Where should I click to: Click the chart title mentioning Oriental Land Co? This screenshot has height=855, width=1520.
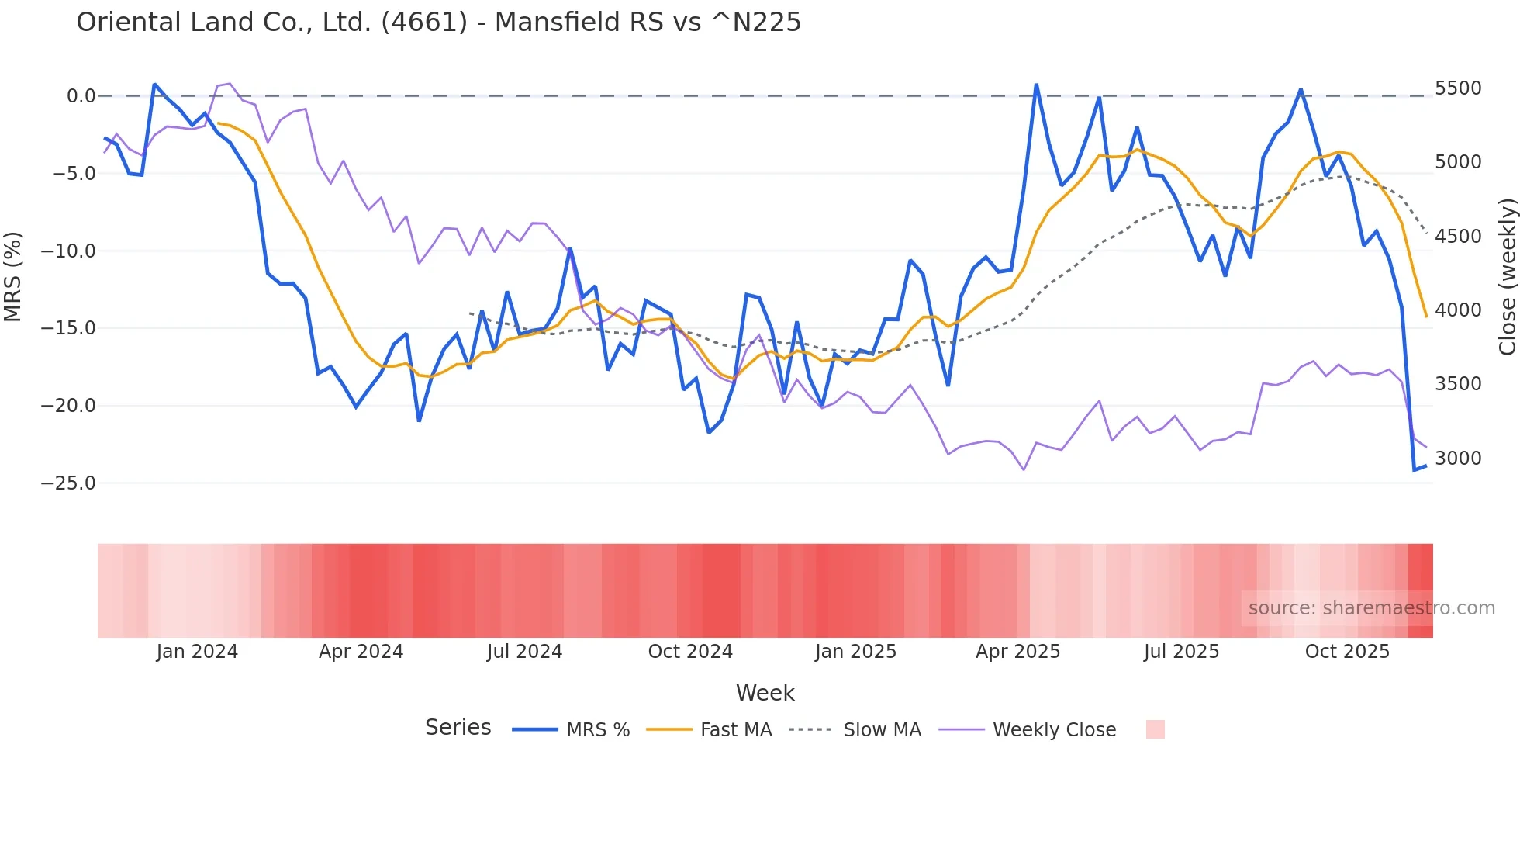click(438, 22)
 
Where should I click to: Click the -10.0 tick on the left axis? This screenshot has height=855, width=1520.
click(68, 251)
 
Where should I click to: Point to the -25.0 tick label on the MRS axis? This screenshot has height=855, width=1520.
click(68, 483)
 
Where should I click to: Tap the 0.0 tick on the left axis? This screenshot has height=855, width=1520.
click(81, 96)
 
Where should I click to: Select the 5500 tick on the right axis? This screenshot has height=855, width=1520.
click(1458, 88)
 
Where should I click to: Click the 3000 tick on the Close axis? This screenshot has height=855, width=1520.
click(1458, 459)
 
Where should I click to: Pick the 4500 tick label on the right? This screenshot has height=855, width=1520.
click(1458, 237)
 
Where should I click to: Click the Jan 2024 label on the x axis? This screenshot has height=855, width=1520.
click(197, 652)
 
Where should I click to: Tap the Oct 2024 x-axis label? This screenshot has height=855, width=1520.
click(690, 652)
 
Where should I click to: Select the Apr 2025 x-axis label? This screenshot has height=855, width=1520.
click(1017, 652)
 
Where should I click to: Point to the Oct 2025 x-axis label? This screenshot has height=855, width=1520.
click(1347, 652)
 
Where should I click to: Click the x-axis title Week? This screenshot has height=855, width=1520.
click(765, 693)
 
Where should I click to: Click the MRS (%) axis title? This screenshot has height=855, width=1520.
click(12, 276)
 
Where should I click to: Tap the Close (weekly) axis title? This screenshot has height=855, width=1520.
click(1507, 277)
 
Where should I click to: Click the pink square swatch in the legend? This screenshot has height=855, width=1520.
click(1155, 729)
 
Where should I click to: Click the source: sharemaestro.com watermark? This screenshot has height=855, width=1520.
click(1371, 608)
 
